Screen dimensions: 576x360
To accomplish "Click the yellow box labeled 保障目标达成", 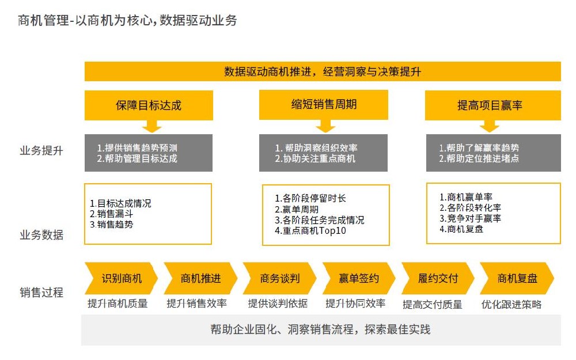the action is [x=149, y=105].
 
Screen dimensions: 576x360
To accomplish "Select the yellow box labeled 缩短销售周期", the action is [x=324, y=105].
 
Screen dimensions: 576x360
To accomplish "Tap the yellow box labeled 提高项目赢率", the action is [x=492, y=105].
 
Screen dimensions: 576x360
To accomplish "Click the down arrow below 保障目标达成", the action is [x=151, y=126].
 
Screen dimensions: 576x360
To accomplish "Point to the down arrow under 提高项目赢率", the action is [x=489, y=126].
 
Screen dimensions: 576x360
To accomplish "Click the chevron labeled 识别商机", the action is [x=121, y=278].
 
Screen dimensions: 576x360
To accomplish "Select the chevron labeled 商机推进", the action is [x=200, y=278].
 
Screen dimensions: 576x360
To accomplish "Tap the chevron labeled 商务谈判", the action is [x=280, y=278].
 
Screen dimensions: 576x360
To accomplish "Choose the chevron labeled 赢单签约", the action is [x=359, y=278].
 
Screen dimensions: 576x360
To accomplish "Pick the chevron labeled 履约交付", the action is [x=438, y=278].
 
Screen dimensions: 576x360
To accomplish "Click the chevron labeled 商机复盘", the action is [x=517, y=278].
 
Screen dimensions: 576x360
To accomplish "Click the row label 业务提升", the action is [x=41, y=150].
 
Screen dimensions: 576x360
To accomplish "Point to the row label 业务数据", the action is [x=41, y=235].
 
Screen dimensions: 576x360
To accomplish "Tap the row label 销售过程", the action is [x=41, y=293].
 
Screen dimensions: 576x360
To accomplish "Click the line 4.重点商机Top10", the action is [x=310, y=231].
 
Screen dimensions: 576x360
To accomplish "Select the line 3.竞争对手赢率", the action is [x=470, y=218].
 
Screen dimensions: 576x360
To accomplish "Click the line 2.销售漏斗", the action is [x=111, y=214].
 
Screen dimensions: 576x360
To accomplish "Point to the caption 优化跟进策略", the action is [x=511, y=304].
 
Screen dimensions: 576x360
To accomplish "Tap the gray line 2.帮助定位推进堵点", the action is [x=479, y=158].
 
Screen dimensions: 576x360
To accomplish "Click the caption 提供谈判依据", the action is [x=278, y=304].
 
